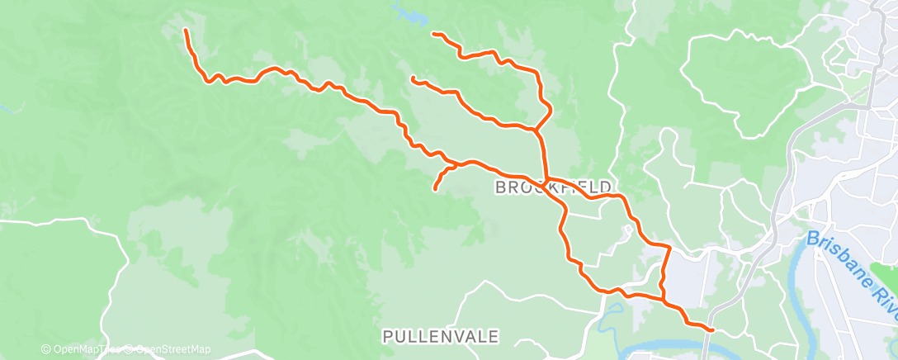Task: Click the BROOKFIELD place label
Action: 553,187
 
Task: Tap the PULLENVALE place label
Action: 441,336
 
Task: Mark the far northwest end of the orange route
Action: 185,31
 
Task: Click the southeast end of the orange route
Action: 711,330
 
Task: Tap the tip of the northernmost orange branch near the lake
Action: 433,33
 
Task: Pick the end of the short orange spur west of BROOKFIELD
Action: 435,190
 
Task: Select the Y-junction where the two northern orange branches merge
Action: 536,130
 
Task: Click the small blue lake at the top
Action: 404,12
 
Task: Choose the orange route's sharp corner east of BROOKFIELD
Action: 669,247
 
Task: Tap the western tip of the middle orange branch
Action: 412,78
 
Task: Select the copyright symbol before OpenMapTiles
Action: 45,349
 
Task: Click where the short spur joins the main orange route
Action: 456,164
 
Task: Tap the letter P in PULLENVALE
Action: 387,336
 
